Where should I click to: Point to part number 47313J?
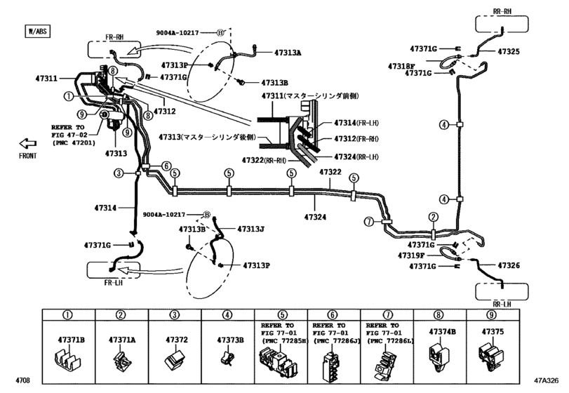click(250, 229)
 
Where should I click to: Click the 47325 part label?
click(509, 51)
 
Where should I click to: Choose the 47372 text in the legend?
click(175, 340)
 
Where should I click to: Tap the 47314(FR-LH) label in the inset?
click(356, 122)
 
